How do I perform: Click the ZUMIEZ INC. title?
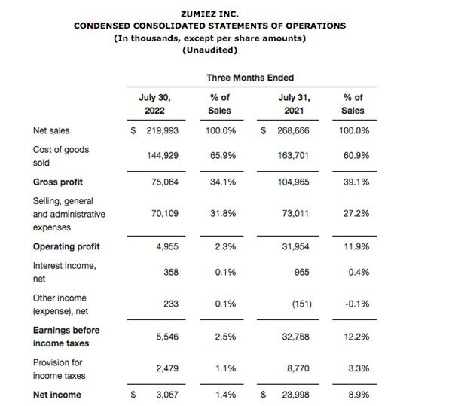click(209, 14)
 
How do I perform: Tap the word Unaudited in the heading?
click(210, 50)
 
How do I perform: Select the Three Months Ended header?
click(250, 78)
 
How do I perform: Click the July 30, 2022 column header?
click(154, 104)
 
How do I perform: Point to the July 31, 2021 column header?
click(294, 104)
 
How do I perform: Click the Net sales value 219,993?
click(162, 130)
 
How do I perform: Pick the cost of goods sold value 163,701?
click(293, 156)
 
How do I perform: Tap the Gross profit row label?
click(58, 182)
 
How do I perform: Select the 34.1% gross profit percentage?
click(223, 182)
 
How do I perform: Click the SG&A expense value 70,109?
click(165, 214)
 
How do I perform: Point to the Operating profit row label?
click(66, 246)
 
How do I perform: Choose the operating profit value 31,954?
click(295, 246)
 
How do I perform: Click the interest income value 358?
click(171, 272)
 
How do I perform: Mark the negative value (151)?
click(302, 304)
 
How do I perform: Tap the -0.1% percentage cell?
click(357, 304)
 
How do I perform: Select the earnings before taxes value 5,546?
click(167, 337)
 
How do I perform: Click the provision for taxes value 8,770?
click(298, 368)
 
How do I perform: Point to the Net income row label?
click(57, 395)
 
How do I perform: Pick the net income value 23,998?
click(295, 395)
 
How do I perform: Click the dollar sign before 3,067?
click(133, 395)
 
